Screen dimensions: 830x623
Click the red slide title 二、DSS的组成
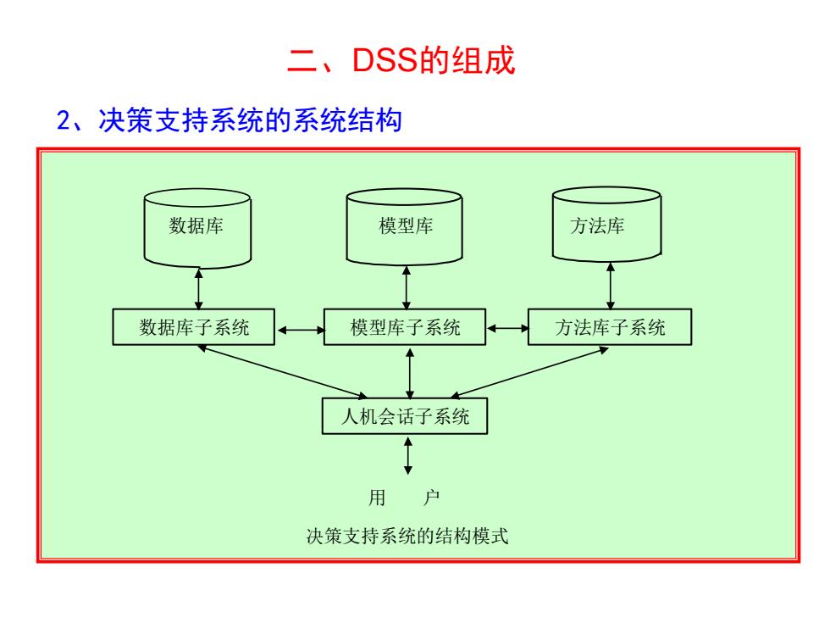[x=401, y=59]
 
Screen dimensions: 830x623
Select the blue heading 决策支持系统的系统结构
[x=251, y=120]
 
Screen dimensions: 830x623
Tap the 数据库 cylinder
[x=197, y=228]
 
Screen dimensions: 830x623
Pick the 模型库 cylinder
[x=405, y=227]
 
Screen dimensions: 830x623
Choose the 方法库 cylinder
[x=606, y=225]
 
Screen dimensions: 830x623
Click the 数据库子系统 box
[x=194, y=327]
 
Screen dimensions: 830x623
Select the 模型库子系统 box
[x=405, y=327]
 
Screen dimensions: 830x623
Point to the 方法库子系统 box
[x=610, y=327]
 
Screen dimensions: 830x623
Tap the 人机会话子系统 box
[x=405, y=416]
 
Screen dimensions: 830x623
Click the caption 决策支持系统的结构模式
[x=407, y=536]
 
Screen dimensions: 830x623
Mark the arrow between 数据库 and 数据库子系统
[x=198, y=289]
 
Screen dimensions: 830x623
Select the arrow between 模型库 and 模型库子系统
[x=407, y=287]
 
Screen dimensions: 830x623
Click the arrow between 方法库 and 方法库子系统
[x=611, y=286]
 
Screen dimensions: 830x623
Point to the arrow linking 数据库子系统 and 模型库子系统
[x=300, y=330]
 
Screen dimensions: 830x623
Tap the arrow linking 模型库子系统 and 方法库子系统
[x=507, y=329]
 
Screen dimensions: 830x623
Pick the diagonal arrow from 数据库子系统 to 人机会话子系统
[x=282, y=372]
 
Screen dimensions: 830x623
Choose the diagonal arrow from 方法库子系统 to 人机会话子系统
[x=528, y=372]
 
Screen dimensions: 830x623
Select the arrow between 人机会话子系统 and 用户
[x=407, y=455]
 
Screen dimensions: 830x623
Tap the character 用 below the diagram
[x=377, y=498]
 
